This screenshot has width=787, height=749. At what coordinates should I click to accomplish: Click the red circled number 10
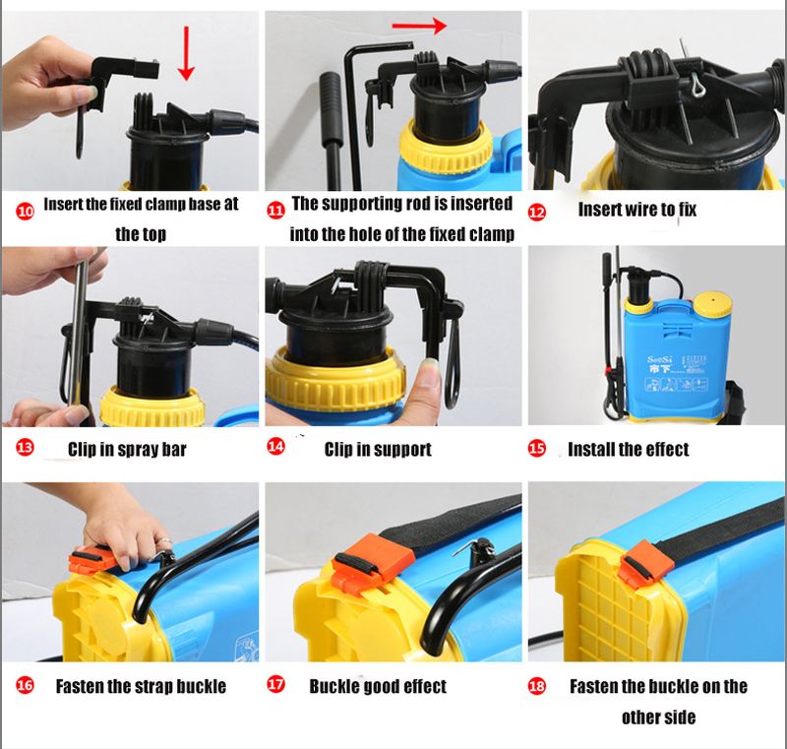click(x=26, y=212)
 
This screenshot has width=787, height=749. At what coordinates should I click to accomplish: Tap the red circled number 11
click(x=275, y=211)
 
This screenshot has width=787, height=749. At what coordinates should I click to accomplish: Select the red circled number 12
click(x=536, y=213)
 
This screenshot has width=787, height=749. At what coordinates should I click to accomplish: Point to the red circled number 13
click(x=26, y=447)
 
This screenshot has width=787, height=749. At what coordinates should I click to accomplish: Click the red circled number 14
click(x=275, y=446)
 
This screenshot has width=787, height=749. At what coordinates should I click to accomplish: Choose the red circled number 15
click(x=536, y=448)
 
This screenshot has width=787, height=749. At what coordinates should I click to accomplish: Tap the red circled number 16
click(x=26, y=685)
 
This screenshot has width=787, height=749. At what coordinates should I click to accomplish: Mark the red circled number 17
click(x=275, y=684)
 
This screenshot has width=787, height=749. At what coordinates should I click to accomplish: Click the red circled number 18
click(x=536, y=685)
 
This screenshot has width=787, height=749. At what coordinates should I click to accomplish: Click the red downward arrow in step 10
click(x=186, y=53)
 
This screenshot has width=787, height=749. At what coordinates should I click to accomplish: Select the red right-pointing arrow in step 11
click(x=419, y=26)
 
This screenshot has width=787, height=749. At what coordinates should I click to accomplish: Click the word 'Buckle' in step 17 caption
click(x=333, y=686)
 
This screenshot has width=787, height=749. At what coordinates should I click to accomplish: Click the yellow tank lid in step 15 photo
click(x=712, y=303)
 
